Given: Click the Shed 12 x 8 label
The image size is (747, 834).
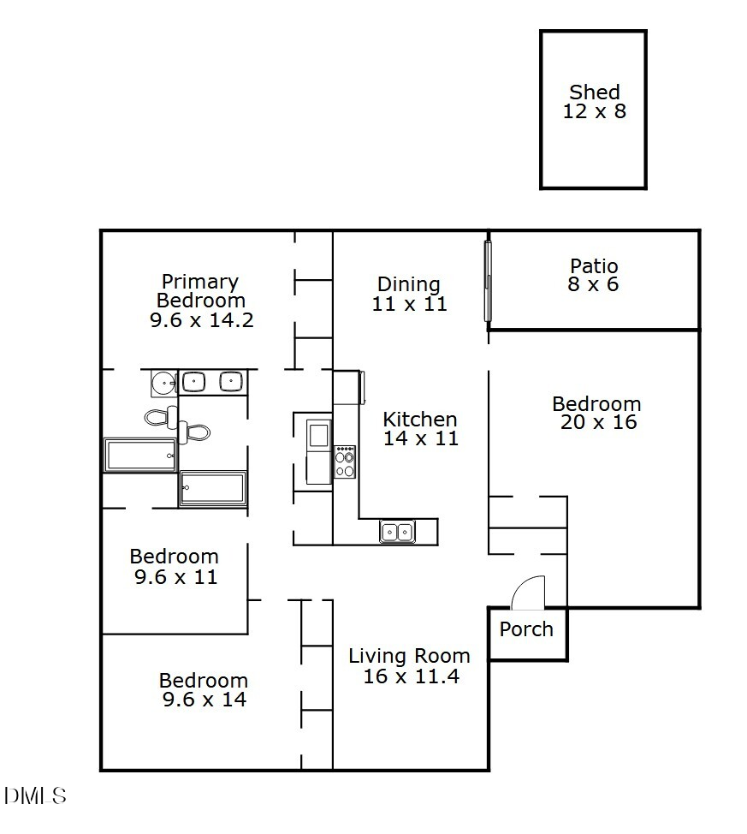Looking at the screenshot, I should pyautogui.click(x=594, y=101).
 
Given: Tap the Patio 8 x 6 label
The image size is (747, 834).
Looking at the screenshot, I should pyautogui.click(x=593, y=275).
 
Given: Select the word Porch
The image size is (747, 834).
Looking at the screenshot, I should pyautogui.click(x=526, y=629).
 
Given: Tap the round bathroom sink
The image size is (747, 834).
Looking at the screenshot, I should pyautogui.click(x=163, y=383).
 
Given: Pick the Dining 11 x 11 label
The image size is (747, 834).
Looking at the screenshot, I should pyautogui.click(x=409, y=294).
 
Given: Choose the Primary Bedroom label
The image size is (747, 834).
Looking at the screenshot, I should pyautogui.click(x=201, y=291).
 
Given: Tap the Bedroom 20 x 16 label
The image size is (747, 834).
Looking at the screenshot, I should pyautogui.click(x=596, y=413).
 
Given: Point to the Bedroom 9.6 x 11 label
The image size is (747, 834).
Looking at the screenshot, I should pyautogui.click(x=175, y=567).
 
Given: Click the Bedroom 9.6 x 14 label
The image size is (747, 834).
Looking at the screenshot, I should pyautogui.click(x=204, y=690).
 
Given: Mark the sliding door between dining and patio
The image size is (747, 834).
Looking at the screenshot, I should pyautogui.click(x=488, y=281).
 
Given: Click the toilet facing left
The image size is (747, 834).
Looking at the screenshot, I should pyautogui.click(x=159, y=418).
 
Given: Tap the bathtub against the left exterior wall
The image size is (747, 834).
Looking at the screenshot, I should pyautogui.click(x=140, y=455).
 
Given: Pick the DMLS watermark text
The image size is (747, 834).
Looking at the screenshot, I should pyautogui.click(x=34, y=796).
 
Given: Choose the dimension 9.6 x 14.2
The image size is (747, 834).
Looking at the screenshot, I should pyautogui.click(x=201, y=320).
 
